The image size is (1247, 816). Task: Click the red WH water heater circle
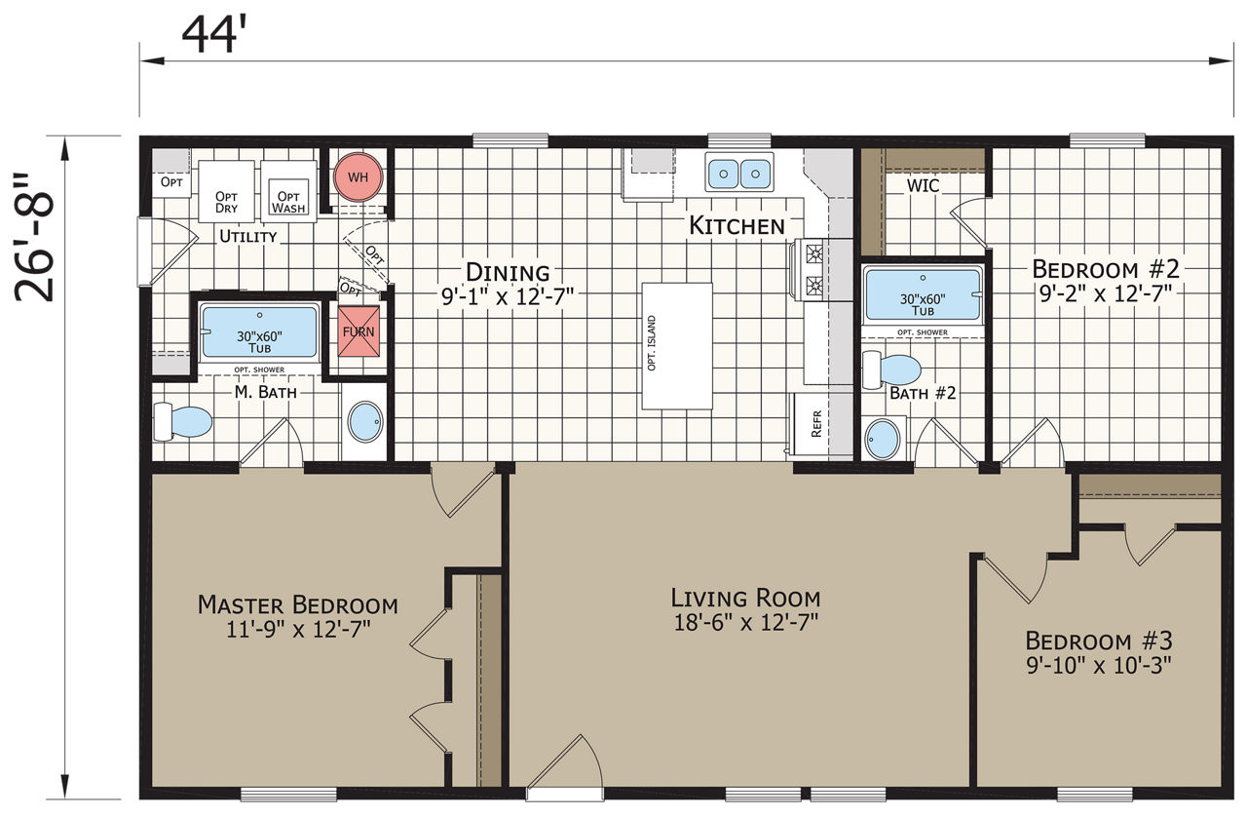click(x=358, y=177)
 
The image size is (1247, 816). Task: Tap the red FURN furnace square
click(x=359, y=331)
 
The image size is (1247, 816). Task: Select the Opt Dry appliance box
click(x=227, y=192)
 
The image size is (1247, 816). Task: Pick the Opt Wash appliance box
click(x=288, y=192)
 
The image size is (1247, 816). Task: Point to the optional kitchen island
click(x=677, y=346)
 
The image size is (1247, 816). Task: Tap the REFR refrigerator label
click(x=816, y=424)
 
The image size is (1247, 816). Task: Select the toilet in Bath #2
click(x=891, y=369)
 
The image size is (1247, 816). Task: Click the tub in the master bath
click(x=259, y=332)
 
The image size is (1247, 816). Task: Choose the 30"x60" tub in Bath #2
click(x=923, y=295)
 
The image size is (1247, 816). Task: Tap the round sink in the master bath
click(x=365, y=421)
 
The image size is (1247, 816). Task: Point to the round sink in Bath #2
click(x=883, y=439)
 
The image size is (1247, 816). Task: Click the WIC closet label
click(x=923, y=185)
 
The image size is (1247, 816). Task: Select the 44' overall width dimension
click(x=213, y=34)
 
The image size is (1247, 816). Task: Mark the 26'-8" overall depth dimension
click(x=34, y=238)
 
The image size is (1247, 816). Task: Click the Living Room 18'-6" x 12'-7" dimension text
click(x=746, y=622)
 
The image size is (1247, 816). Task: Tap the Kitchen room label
click(x=737, y=225)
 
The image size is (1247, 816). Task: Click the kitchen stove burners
click(x=814, y=270)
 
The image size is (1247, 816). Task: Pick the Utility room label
click(x=248, y=236)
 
